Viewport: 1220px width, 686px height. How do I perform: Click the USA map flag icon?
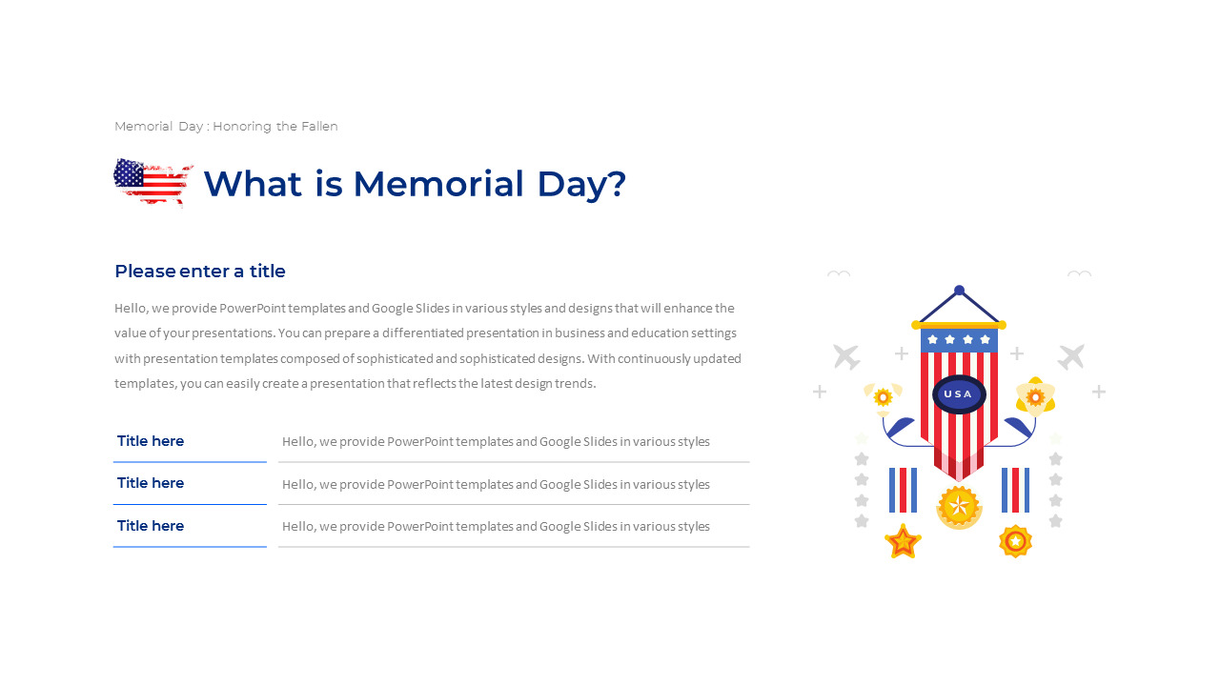pos(152,181)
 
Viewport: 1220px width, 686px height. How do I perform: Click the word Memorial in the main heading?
pos(438,184)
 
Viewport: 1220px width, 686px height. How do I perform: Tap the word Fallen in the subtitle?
pos(319,126)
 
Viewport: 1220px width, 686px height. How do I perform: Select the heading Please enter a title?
pos(200,272)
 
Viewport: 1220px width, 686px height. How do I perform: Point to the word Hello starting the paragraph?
pos(132,309)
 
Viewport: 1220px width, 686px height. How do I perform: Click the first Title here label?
pos(151,441)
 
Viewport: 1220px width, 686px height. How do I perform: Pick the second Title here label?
pos(151,483)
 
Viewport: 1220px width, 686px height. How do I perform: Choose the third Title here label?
pos(151,526)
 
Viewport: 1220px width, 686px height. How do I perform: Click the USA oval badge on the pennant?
pos(958,394)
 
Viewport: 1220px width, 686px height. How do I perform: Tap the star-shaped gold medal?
pos(902,541)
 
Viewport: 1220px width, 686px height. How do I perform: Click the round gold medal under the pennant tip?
pos(959,506)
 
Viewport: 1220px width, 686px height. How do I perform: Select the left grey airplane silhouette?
pos(845,357)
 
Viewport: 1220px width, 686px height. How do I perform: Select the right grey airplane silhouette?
pos(1071,357)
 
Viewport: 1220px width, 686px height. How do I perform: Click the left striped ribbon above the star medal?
pos(903,490)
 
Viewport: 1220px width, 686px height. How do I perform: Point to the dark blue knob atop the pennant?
pos(959,291)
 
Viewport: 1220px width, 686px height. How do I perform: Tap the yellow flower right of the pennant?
pos(1035,396)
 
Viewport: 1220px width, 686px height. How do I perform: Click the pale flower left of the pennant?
pos(883,396)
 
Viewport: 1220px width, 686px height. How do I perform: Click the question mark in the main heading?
pos(617,184)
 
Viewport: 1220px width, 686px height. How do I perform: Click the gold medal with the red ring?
pos(1016,541)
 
